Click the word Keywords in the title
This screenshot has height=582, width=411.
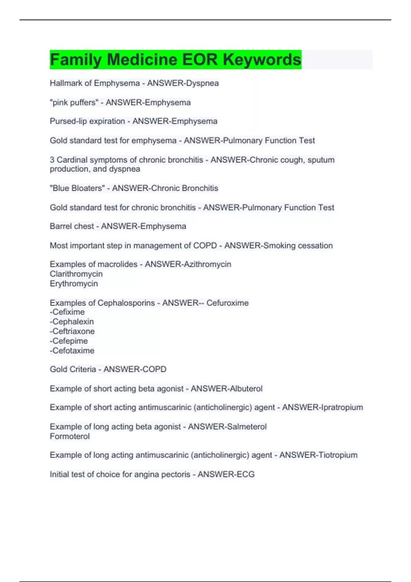point(262,60)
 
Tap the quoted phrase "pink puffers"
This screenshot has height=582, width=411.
point(74,102)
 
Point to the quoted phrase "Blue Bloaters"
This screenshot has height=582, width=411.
point(77,188)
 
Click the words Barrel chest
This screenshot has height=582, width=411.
point(72,226)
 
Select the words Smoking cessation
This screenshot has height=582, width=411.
point(298,245)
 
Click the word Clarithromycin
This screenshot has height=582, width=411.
point(76,274)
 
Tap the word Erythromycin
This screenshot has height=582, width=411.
point(74,283)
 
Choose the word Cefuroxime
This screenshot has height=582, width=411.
point(227,303)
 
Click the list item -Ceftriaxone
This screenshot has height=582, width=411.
point(72,331)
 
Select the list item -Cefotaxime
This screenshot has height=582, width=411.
point(72,351)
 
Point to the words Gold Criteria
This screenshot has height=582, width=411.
point(73,369)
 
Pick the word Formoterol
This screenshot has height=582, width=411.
point(70,436)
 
